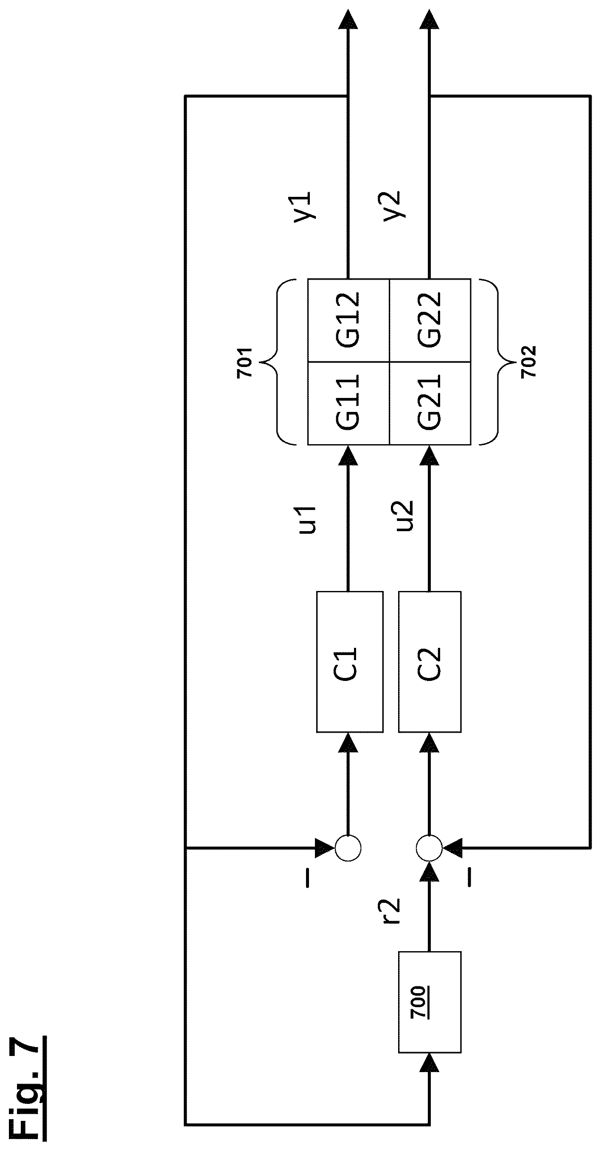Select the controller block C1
[x=350, y=662]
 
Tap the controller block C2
[x=430, y=662]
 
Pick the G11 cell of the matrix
[x=349, y=403]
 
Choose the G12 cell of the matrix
[x=349, y=320]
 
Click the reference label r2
[x=390, y=910]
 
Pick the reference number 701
[x=245, y=362]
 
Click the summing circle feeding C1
[x=348, y=848]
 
